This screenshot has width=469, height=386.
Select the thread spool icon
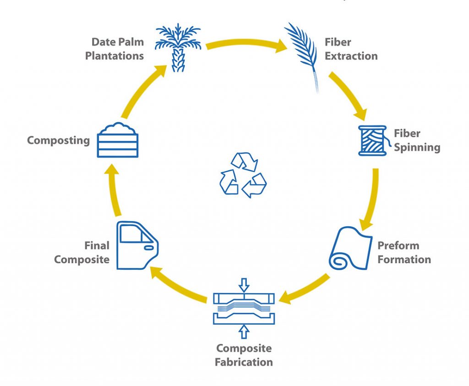point(372,141)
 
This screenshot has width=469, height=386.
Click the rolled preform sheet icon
point(350,248)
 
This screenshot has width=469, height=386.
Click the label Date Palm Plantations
point(118,49)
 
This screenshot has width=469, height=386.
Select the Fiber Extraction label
point(351,49)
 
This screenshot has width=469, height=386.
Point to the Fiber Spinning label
point(417,141)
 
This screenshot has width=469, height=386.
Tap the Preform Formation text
point(404,252)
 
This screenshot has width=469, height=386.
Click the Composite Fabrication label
point(244,355)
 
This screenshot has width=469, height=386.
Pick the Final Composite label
point(82,252)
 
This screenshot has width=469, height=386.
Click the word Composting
point(58,140)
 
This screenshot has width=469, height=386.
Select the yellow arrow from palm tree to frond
point(245,43)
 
